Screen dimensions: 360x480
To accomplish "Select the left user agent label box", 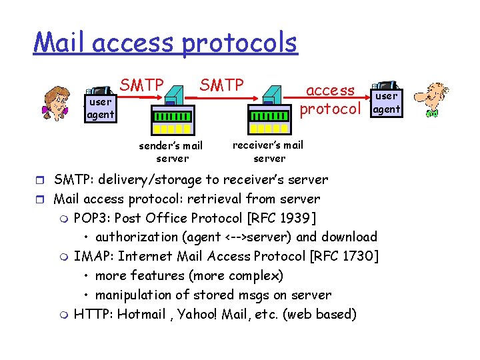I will tap(100, 108).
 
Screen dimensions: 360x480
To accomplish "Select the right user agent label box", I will tap(387, 103).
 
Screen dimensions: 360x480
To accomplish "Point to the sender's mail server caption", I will tap(171, 152).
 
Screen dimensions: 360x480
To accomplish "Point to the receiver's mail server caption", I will tap(268, 151).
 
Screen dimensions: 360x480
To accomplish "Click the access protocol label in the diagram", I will tap(331, 99).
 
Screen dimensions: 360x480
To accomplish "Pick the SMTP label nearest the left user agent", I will tap(141, 85).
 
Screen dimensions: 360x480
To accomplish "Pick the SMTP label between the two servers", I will tap(222, 85).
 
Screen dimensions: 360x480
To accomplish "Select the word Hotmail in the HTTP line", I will tap(141, 314).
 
